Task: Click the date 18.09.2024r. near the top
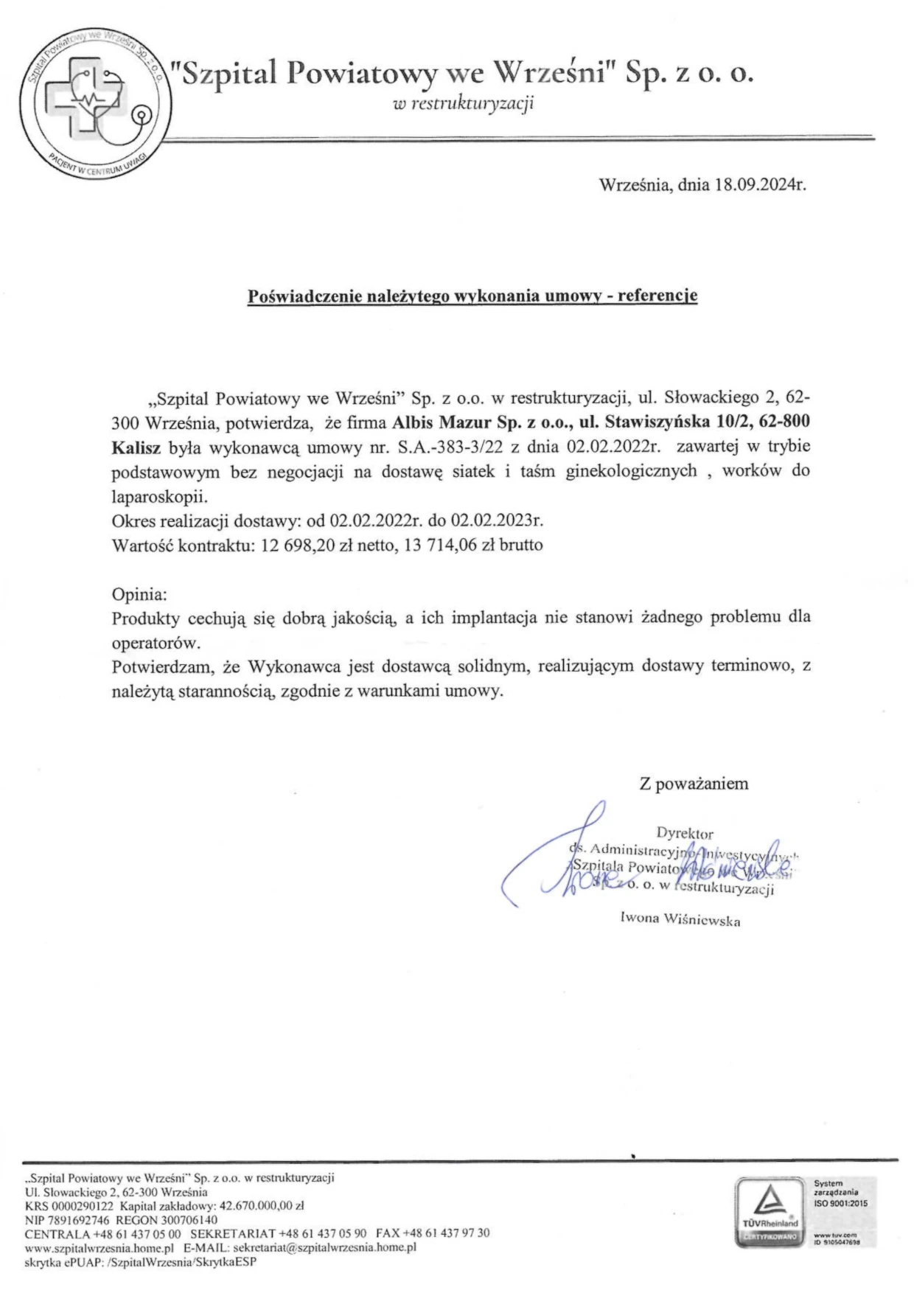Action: click(760, 185)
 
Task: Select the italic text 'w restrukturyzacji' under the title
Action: click(464, 104)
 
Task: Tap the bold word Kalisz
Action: click(136, 447)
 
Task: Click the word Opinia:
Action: click(139, 594)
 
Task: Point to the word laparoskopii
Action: click(155, 496)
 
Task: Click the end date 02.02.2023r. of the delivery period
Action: click(497, 521)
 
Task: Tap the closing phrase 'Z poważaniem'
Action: click(693, 784)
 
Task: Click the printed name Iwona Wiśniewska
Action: click(680, 920)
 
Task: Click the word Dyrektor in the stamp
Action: click(685, 834)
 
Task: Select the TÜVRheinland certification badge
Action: click(770, 1212)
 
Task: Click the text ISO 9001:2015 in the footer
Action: click(840, 1203)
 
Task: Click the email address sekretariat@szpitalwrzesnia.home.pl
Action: click(324, 1247)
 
